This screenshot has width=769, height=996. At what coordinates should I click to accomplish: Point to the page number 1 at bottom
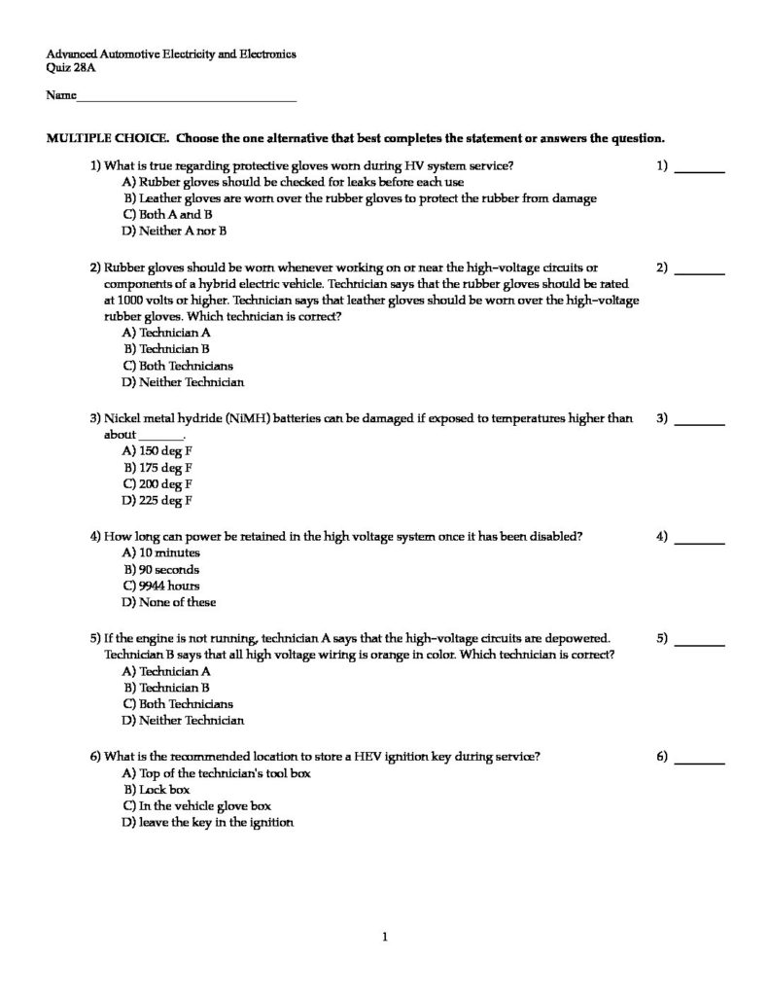click(x=385, y=938)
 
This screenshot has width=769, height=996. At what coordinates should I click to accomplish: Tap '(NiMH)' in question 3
click(x=226, y=418)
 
